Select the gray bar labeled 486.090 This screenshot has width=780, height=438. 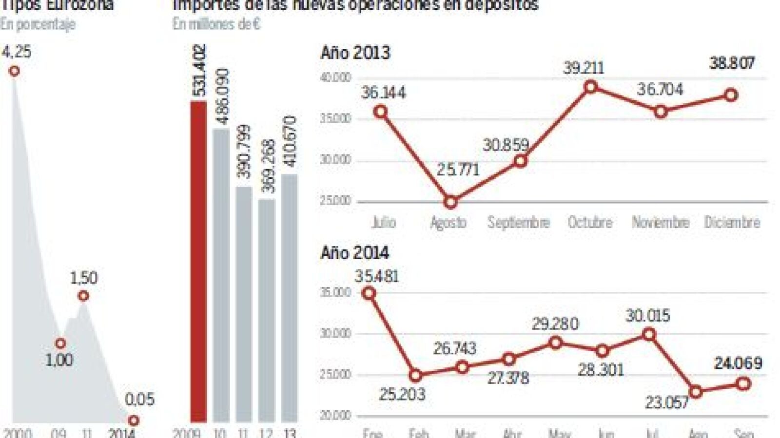pos(221,275)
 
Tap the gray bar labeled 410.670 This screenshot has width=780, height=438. pos(289,297)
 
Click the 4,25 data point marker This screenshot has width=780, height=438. pos(14,71)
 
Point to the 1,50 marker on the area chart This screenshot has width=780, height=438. pos(83,296)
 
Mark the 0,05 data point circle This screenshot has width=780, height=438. pos(133,420)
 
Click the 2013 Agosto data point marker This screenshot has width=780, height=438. pos(450,202)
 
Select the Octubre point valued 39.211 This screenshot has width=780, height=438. pos(591,87)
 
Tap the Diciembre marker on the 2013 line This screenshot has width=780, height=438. pos(731,95)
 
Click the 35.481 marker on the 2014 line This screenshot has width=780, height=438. pos(370,293)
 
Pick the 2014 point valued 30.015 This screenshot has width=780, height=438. pos(649,334)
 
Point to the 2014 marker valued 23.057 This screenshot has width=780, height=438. pos(696,392)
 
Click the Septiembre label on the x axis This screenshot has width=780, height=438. pos(519,223)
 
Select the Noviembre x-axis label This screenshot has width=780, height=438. pos(661,223)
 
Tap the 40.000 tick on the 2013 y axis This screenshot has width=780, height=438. pos(336,77)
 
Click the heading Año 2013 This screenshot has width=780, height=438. pos(355,53)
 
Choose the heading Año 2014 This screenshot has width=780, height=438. pos(355,253)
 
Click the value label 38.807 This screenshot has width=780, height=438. pos(732,63)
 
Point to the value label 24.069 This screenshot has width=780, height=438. pos(738,363)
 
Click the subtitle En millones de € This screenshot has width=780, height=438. pos(216,24)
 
